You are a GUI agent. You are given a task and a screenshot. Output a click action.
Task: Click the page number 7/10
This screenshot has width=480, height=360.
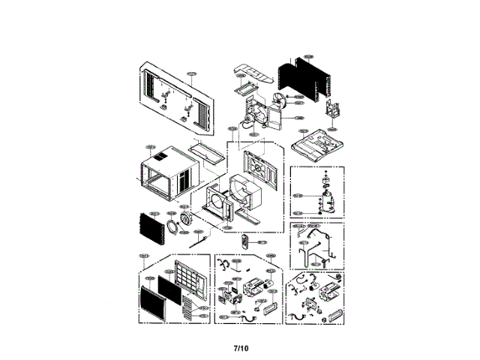tap(240, 348)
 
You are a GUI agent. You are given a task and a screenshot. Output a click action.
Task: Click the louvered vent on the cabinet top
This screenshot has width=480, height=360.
tap(160, 159)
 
